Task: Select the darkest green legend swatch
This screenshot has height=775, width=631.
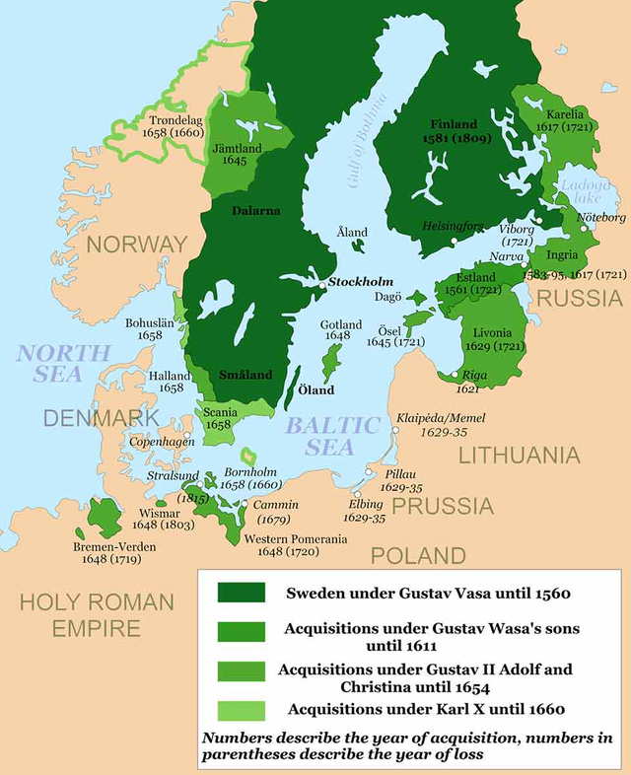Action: (241, 593)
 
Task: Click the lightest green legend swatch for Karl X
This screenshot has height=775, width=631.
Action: (241, 708)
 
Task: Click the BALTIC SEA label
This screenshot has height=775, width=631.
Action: (332, 436)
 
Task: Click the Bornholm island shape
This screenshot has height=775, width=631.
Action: (248, 455)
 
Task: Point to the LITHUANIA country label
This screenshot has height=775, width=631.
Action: (519, 456)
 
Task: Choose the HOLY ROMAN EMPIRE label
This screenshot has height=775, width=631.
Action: (97, 614)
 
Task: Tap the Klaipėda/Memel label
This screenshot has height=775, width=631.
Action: (441, 418)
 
